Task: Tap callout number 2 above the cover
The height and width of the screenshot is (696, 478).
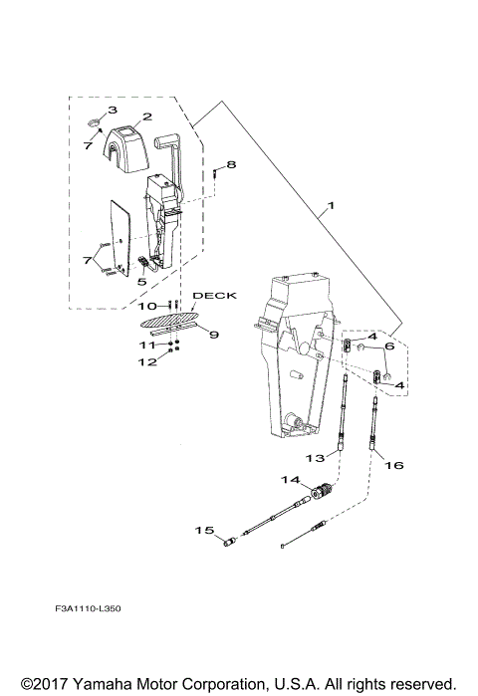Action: [146, 117]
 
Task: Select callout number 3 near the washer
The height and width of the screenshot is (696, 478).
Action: [113, 110]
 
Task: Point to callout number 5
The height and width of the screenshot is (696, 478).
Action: [141, 283]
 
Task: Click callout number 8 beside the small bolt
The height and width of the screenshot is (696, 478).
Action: [231, 163]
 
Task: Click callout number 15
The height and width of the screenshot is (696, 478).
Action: [202, 531]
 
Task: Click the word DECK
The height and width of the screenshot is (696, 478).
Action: [210, 296]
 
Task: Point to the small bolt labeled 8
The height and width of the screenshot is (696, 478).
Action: [215, 174]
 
